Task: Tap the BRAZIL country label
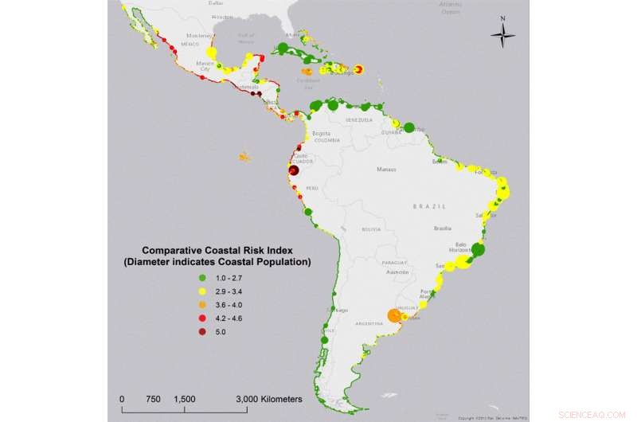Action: pos(429,205)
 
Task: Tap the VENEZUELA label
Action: pos(358,120)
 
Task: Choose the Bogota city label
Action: pos(321,133)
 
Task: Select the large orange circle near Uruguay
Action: pos(393,316)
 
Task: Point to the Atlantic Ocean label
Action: pos(451,9)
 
